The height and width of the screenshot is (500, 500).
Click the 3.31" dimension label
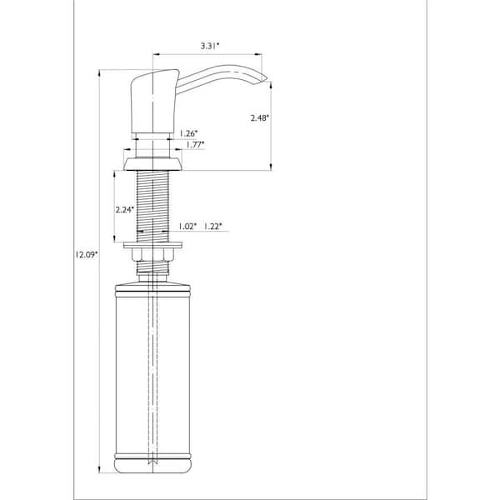tap(210, 46)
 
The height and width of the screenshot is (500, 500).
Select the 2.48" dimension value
tap(260, 118)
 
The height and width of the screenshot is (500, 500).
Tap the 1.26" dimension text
tap(188, 133)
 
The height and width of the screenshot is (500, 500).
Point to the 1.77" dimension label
tap(195, 145)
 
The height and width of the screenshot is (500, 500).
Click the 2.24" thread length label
tap(124, 209)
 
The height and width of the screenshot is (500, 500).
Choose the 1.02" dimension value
tap(187, 227)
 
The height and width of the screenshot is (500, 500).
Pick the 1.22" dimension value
tap(212, 227)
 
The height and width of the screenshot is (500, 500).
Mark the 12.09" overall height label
tap(86, 254)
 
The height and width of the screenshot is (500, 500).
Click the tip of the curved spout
tap(267, 78)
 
